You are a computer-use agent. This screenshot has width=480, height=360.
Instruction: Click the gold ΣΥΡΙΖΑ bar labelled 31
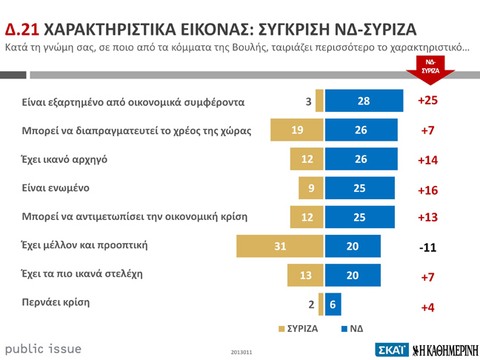(280, 246)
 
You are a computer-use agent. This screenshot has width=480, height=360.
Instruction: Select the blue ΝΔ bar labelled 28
(363, 101)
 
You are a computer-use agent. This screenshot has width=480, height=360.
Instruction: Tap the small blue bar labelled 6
(333, 304)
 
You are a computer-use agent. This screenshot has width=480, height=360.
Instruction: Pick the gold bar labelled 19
(297, 130)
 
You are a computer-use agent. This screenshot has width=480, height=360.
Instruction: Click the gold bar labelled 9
(311, 188)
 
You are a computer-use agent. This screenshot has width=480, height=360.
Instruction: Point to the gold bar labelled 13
(305, 275)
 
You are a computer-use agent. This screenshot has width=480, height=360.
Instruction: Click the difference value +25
(428, 101)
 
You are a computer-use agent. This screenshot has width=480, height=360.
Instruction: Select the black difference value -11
(427, 247)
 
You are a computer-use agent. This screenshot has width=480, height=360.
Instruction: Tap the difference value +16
(428, 190)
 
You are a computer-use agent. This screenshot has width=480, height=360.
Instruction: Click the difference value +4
(427, 307)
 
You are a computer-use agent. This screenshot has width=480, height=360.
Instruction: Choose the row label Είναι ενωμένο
(56, 187)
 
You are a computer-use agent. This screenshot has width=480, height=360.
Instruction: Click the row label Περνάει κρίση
(56, 302)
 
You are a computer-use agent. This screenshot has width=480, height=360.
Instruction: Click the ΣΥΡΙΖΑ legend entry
(298, 327)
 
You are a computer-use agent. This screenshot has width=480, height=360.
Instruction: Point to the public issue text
(43, 348)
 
